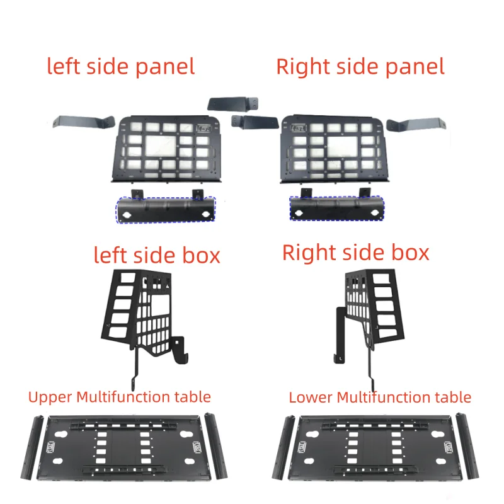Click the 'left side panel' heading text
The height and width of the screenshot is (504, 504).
tap(121, 67)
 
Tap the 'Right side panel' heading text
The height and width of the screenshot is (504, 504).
tap(360, 67)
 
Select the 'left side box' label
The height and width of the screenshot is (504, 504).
tap(157, 255)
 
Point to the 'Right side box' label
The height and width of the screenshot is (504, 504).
tap(355, 253)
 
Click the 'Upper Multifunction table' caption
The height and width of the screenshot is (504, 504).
tap(120, 398)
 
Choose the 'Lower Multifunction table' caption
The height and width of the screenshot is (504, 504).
tap(380, 398)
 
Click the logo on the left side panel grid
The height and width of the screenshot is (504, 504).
tap(204, 129)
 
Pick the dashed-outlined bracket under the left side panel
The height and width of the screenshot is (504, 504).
tap(166, 210)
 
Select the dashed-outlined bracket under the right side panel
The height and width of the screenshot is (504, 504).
tap(337, 209)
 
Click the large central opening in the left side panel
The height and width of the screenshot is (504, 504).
tap(161, 146)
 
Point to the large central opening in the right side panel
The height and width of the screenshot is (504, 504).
tap(342, 146)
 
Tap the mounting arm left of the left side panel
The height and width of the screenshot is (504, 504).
tap(84, 122)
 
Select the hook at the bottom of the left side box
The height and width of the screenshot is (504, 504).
tap(181, 351)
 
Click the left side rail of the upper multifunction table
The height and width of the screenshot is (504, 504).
tap(32, 447)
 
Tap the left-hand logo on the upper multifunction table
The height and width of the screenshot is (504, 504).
tap(52, 447)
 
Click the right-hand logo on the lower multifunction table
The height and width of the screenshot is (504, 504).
tap(449, 447)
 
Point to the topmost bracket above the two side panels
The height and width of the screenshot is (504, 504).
tap(233, 104)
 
